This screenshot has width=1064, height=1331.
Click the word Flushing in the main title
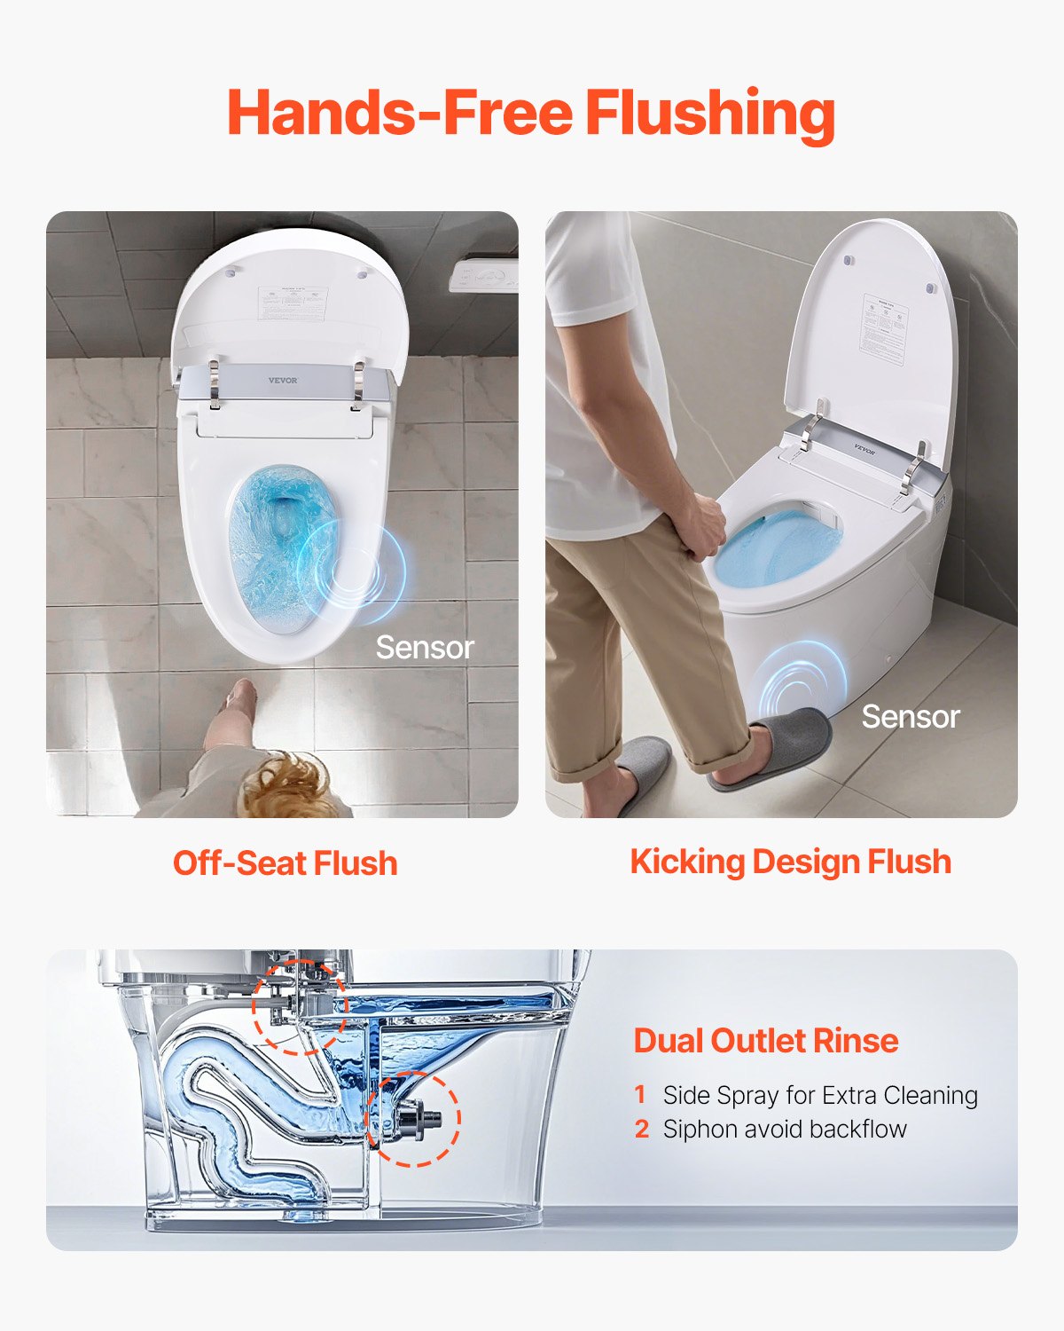(709, 114)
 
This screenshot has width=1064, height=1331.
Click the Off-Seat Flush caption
(285, 862)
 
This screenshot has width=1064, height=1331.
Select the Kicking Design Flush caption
(790, 862)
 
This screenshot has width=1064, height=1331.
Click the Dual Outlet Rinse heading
(765, 1040)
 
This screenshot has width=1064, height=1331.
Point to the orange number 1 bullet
(640, 1095)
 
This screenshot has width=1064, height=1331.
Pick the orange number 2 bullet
(642, 1129)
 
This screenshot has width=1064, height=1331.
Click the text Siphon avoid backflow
(785, 1129)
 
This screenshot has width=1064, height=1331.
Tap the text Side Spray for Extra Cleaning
(820, 1095)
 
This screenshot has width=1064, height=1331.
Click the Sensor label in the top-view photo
(425, 647)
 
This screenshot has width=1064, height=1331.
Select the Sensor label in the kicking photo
(910, 716)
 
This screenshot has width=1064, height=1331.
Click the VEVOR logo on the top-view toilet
(283, 381)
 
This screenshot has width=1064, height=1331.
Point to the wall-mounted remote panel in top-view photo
(483, 277)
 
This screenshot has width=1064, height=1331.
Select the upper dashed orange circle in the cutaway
(299, 1006)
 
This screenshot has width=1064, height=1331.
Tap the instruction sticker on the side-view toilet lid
(884, 328)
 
